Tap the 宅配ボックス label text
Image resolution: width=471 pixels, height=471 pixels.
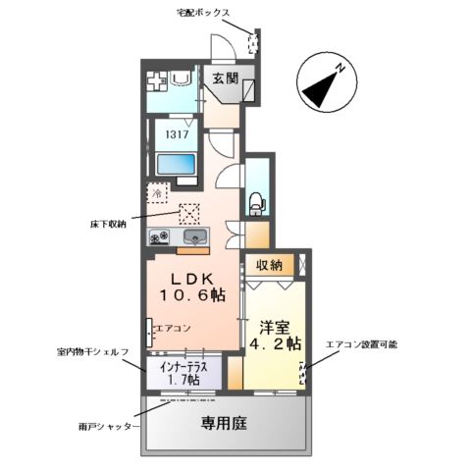203,13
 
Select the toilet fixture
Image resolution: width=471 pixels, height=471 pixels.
255,200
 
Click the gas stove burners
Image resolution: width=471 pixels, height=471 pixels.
160,237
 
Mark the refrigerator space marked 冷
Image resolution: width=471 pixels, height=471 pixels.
159,194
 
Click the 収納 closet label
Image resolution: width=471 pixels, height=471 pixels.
271,265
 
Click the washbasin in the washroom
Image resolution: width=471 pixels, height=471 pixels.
181,80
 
